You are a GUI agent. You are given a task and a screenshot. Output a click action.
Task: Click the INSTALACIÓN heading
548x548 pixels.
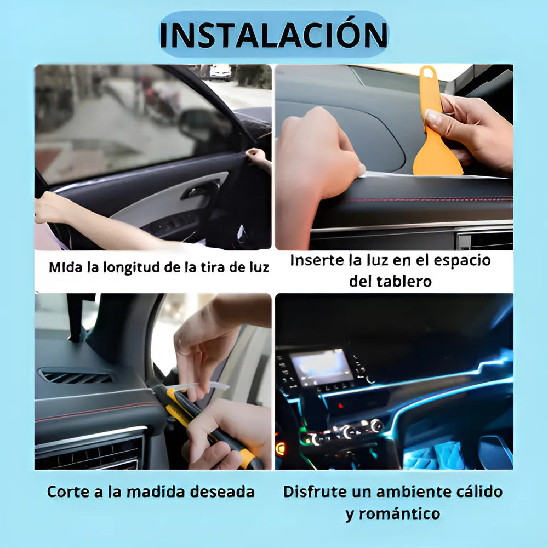(x=273, y=35)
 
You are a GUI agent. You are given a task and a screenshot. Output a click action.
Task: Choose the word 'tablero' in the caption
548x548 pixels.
(x=404, y=281)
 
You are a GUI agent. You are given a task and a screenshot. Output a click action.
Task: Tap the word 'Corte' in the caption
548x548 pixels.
(x=68, y=492)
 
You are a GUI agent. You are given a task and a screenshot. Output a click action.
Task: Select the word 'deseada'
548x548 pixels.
(x=222, y=492)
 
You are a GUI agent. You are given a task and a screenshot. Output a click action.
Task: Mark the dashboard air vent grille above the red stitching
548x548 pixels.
(x=76, y=377)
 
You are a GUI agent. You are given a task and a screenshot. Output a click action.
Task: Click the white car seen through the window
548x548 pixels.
(x=220, y=72)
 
